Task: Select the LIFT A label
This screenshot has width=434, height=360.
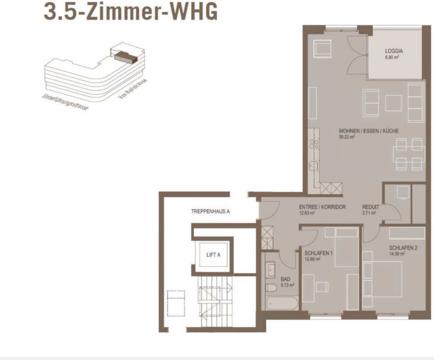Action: (x=213, y=255)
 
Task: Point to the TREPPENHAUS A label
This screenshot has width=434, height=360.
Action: (x=211, y=211)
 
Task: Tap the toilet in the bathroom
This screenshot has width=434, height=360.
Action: (x=271, y=288)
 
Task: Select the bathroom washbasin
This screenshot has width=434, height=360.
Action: (x=270, y=270)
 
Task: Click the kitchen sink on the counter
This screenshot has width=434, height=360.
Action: (x=314, y=166)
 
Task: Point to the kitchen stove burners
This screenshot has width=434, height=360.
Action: (x=314, y=145)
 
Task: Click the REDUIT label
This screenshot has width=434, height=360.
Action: (x=371, y=207)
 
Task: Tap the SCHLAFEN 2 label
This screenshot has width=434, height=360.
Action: (x=403, y=248)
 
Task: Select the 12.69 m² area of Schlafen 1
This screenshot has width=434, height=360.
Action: (x=312, y=259)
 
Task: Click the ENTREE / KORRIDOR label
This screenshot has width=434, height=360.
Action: (x=322, y=207)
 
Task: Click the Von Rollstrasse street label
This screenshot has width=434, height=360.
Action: (x=132, y=89)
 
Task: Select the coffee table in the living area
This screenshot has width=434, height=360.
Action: (x=393, y=103)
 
